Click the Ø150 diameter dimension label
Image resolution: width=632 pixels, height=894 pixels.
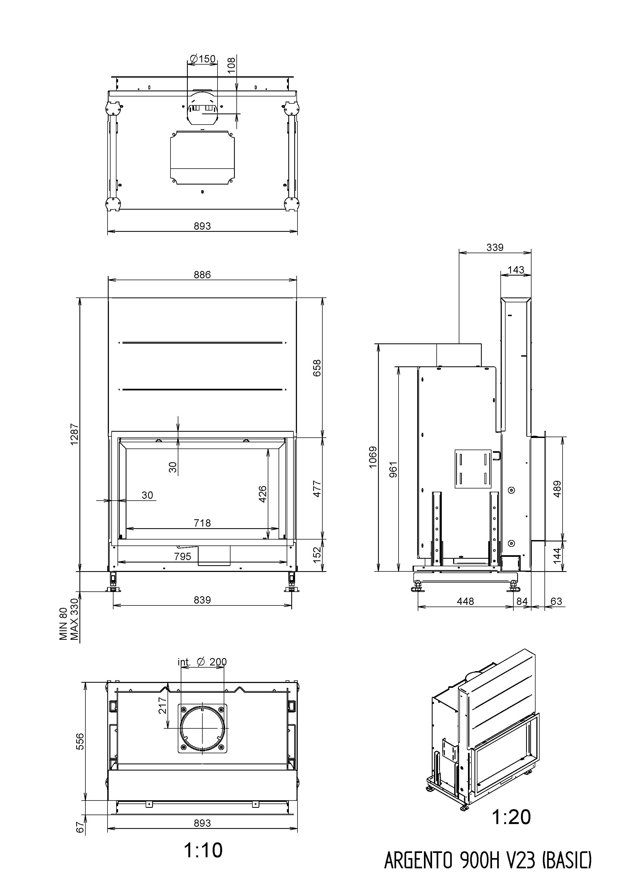point(202,59)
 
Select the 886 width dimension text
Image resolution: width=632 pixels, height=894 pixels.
point(202,274)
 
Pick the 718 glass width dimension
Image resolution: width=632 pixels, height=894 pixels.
point(202,523)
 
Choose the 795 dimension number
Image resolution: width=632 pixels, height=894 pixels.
point(183,556)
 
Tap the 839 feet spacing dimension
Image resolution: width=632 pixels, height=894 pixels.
point(202,600)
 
